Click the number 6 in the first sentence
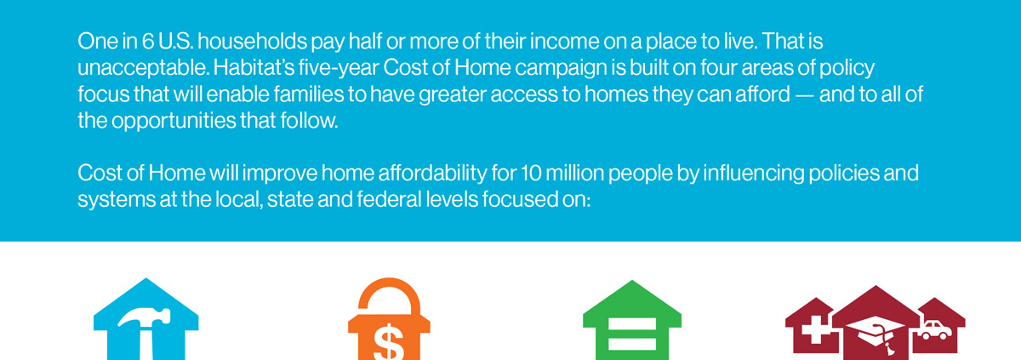(148, 42)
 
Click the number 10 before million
(531, 174)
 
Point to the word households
(252, 42)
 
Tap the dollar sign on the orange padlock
(388, 342)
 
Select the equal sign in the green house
(632, 334)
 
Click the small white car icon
(934, 330)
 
